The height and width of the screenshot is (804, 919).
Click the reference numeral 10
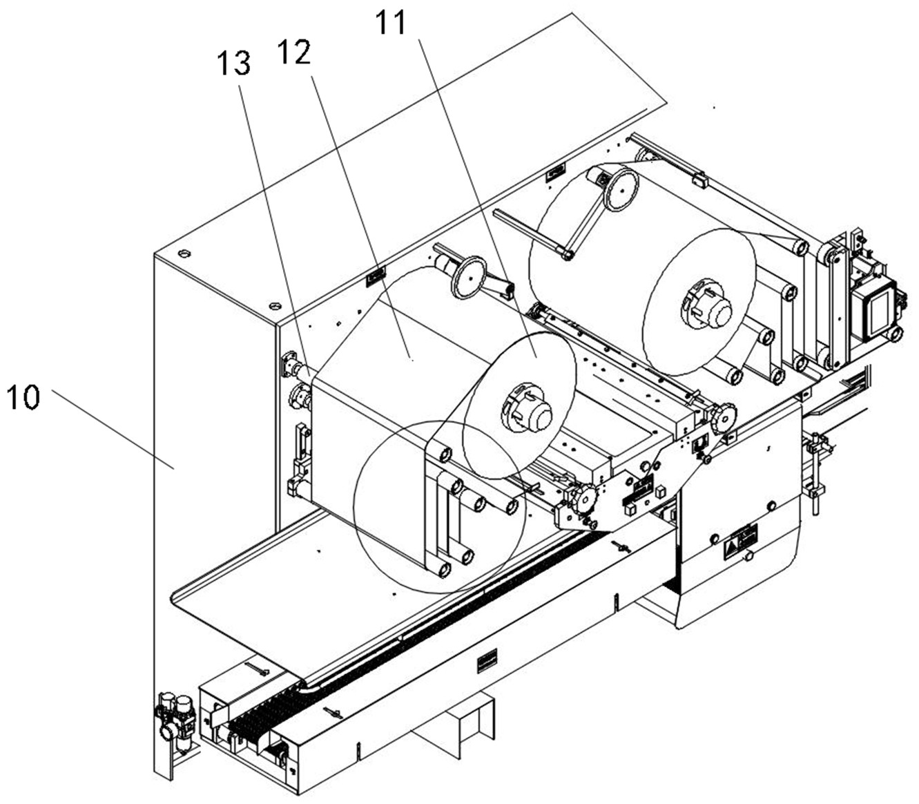pos(23,396)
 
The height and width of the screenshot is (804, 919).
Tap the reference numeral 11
pos(391,23)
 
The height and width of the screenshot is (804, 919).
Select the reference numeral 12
pos(294,52)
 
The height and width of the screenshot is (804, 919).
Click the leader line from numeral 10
pos(113,430)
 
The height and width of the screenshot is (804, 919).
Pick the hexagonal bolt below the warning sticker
pos(748,556)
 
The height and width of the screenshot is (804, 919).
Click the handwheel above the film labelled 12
pos(470,277)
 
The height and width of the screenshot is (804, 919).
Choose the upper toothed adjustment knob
pos(722,416)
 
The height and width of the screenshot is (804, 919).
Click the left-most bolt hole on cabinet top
pos(184,253)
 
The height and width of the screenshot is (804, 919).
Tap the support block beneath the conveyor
pos(454,722)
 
